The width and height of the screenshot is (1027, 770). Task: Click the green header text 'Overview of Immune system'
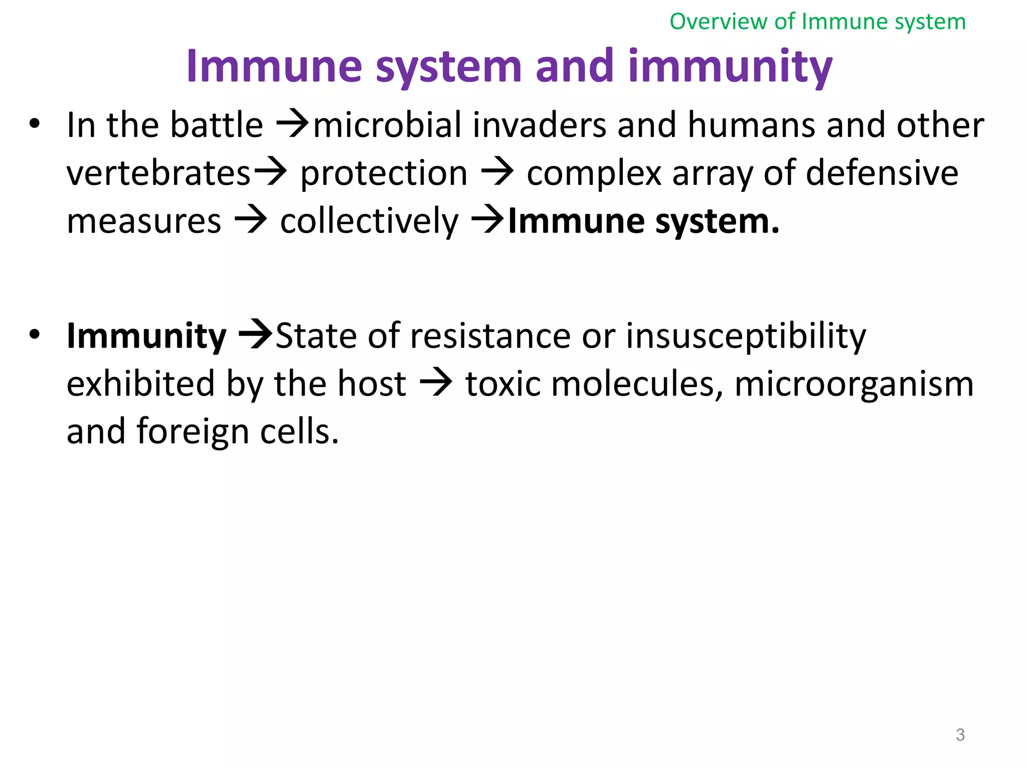coord(817,22)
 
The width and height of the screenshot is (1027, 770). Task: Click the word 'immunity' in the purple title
coord(730,67)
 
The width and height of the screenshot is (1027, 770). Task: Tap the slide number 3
coord(960,735)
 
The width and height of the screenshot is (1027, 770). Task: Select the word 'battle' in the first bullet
coord(217,125)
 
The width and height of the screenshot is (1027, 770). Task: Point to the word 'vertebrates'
coord(158,173)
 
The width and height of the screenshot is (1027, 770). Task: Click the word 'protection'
coord(384,173)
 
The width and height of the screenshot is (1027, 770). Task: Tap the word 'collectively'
coord(369,222)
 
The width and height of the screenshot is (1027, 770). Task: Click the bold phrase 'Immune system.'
coord(644,222)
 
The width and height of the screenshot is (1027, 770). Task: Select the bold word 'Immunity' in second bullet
coord(146,336)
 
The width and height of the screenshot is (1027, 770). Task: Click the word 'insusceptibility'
coord(746,336)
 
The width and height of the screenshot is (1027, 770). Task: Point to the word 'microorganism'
coord(854,384)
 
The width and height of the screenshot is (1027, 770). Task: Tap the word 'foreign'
coord(193,432)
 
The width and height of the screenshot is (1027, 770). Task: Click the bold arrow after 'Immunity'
coord(256,335)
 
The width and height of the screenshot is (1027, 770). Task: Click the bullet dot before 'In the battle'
coord(34,124)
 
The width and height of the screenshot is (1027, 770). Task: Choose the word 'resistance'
coord(490,336)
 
